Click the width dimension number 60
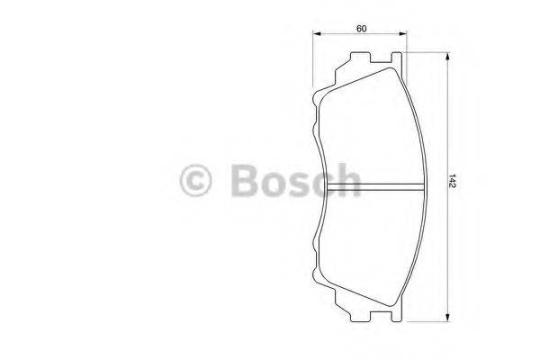click(361, 29)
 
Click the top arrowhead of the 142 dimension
click(446, 57)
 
